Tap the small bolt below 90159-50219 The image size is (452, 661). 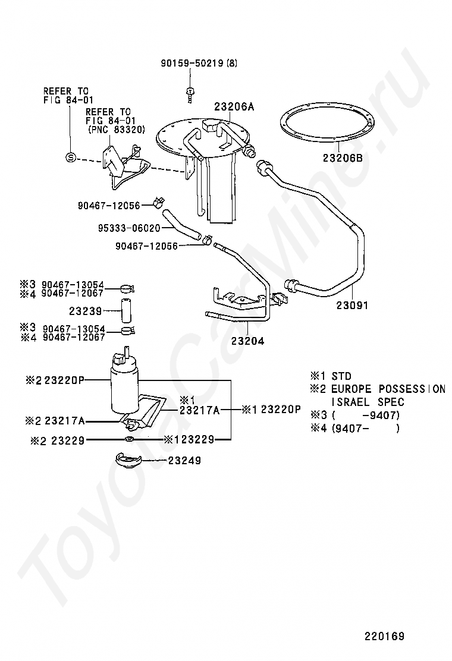[189, 92]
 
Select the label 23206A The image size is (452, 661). [234, 107]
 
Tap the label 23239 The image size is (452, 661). [86, 310]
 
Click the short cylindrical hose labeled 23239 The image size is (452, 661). [126, 310]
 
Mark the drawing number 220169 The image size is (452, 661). [384, 636]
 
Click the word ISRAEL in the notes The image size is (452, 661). [345, 402]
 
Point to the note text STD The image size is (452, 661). [341, 376]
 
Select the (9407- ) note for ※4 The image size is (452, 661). [365, 428]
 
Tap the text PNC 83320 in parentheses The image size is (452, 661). [115, 129]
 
